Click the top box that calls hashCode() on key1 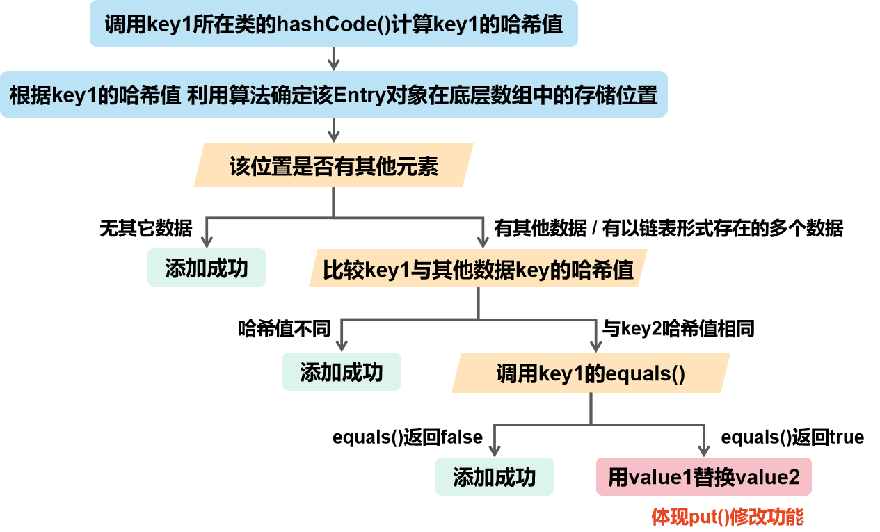(x=334, y=24)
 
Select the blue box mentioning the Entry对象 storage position (x=334, y=94)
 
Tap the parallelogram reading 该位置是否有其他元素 (x=334, y=166)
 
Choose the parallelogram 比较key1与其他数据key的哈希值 (x=478, y=268)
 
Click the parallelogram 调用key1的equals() (x=591, y=373)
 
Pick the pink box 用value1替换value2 (x=703, y=477)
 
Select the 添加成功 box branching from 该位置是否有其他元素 (x=207, y=268)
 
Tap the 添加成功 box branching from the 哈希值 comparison (x=342, y=371)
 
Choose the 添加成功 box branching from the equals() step (x=495, y=476)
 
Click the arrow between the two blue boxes (x=334, y=59)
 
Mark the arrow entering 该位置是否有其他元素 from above (x=334, y=130)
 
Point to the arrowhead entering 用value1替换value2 (x=703, y=450)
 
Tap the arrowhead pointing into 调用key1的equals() (x=595, y=346)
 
